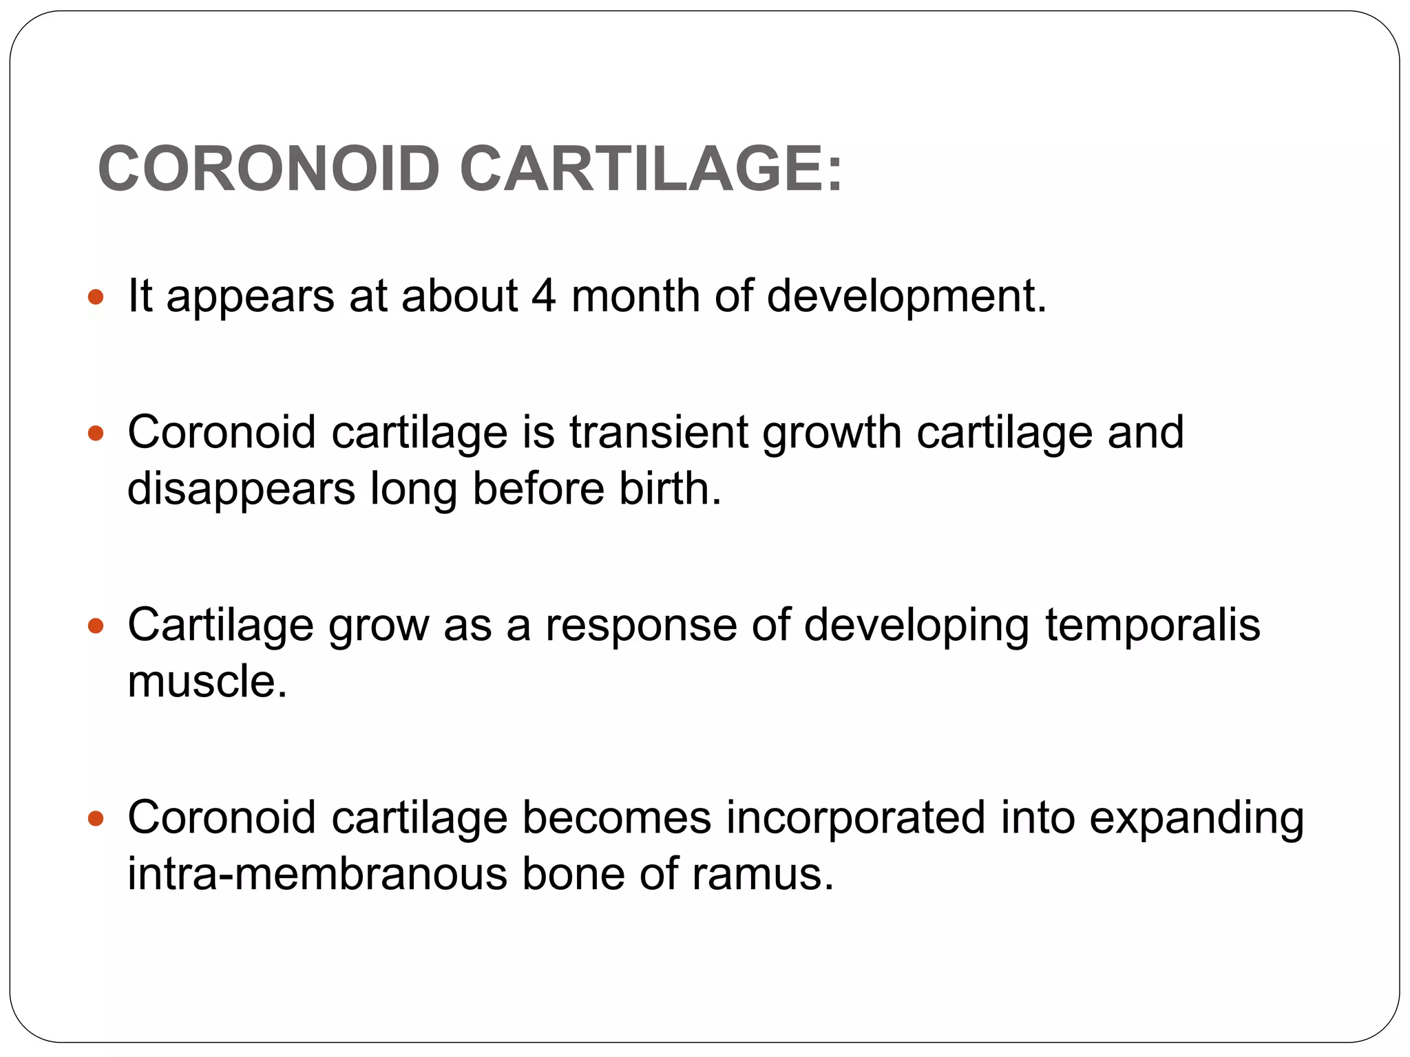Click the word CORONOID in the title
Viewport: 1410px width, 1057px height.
point(269,169)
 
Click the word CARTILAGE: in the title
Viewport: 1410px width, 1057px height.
point(651,169)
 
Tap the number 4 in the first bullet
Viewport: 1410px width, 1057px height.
point(543,296)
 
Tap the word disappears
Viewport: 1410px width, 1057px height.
point(242,490)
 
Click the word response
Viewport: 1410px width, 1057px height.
point(641,626)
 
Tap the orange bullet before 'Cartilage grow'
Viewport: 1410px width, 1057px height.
point(96,626)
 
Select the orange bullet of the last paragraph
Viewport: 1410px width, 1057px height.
point(96,819)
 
